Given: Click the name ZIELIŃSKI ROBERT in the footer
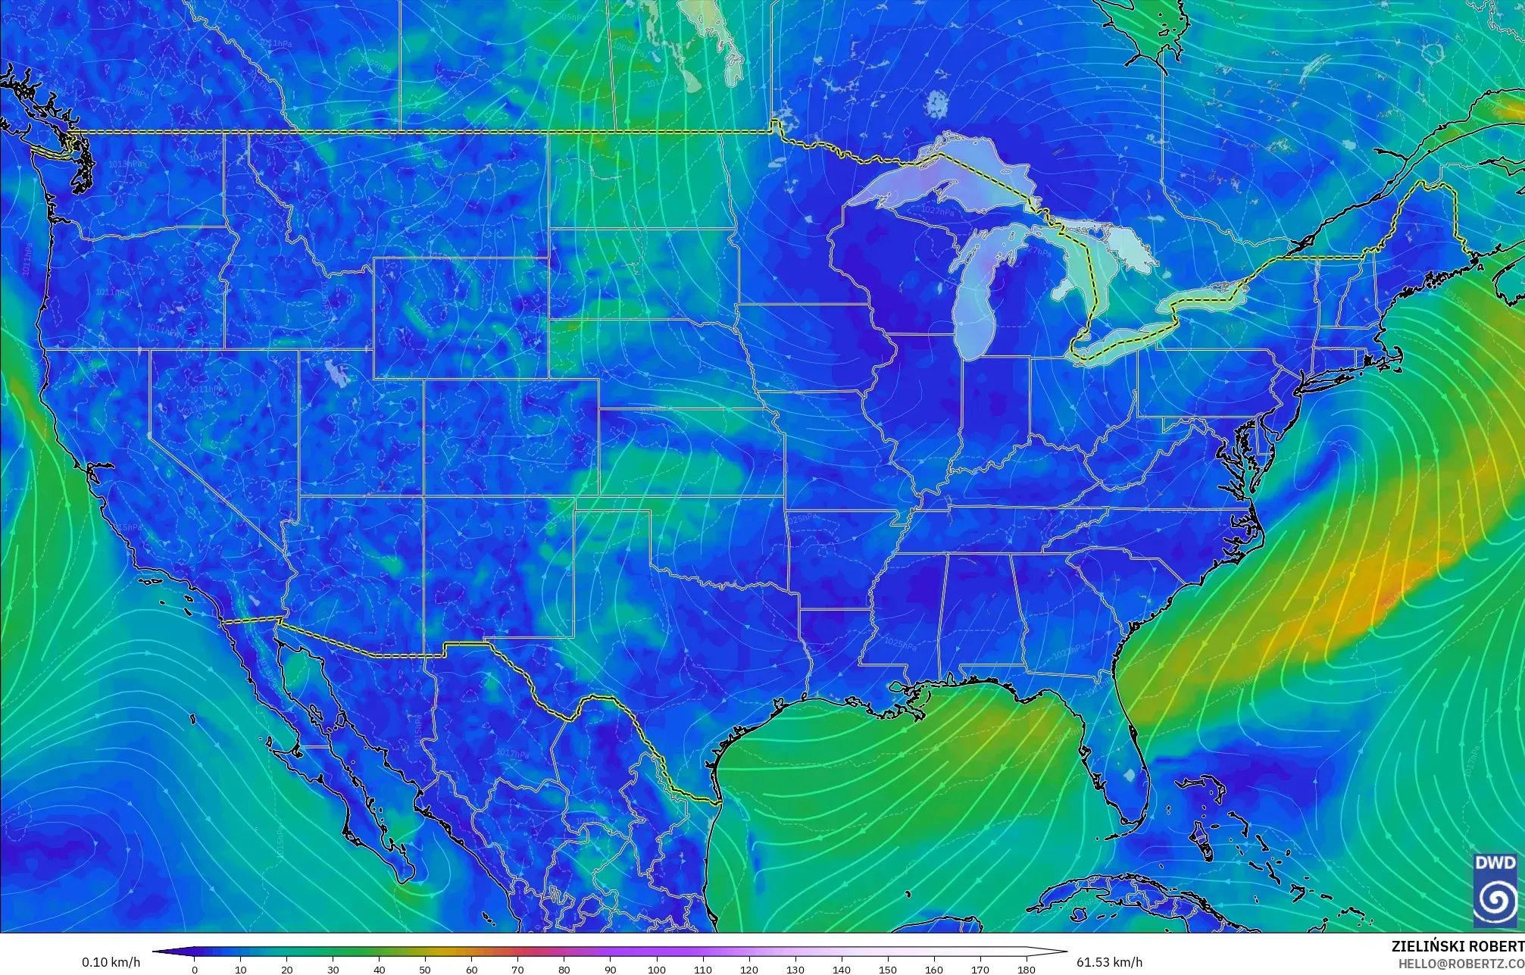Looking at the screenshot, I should [x=1457, y=947].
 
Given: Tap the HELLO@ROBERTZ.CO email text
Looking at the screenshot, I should [x=1460, y=964].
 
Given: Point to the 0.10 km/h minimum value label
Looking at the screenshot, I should [x=111, y=963].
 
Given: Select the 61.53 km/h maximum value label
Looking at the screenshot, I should [x=1109, y=963].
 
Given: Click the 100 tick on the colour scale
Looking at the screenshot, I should [x=656, y=970].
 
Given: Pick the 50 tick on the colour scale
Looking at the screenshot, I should [x=425, y=970].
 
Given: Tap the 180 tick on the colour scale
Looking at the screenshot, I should [x=1026, y=970].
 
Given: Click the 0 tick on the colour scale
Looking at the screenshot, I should [x=195, y=970].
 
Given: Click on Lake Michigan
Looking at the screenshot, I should [x=977, y=295].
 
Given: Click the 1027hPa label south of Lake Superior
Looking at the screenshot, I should [x=938, y=211].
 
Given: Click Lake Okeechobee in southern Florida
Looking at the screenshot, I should [x=1130, y=775].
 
